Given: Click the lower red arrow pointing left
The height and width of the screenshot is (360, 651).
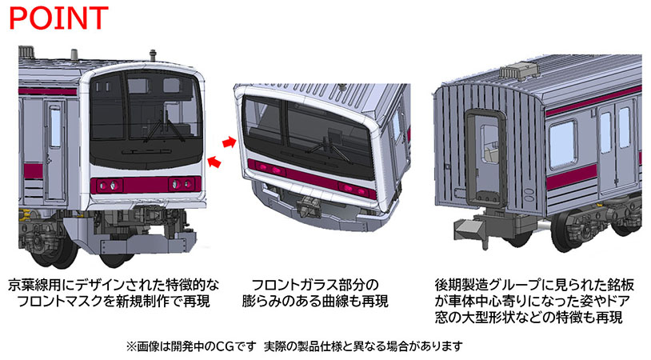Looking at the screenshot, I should click(215, 162).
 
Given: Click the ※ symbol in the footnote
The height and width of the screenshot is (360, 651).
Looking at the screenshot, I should click(132, 346).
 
